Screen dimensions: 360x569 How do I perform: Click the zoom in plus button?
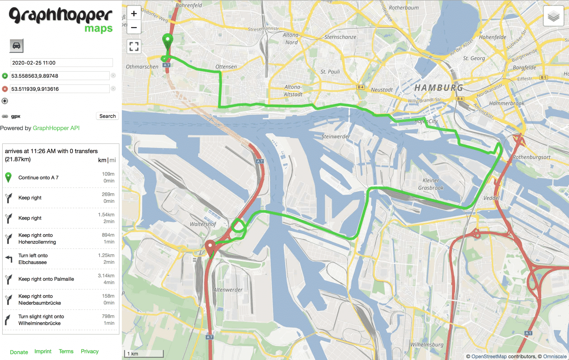[134, 14]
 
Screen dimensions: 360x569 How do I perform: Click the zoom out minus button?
[134, 27]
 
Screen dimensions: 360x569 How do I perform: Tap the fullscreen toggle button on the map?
[134, 46]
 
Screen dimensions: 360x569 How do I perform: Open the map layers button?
[553, 16]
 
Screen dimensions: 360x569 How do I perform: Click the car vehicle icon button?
[16, 46]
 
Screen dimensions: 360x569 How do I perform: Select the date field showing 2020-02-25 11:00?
[61, 63]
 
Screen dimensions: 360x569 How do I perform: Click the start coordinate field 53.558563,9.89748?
[60, 76]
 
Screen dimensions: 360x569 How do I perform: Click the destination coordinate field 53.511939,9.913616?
[60, 89]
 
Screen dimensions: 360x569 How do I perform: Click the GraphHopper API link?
[56, 128]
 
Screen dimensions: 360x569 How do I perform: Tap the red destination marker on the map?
[210, 247]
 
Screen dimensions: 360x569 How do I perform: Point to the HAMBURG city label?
[439, 88]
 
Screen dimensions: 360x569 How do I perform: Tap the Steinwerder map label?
[336, 136]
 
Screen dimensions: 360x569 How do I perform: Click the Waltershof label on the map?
[203, 224]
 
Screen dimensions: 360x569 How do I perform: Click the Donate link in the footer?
[19, 352]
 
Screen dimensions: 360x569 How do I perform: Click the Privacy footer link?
[90, 351]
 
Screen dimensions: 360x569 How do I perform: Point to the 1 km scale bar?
[144, 354]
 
